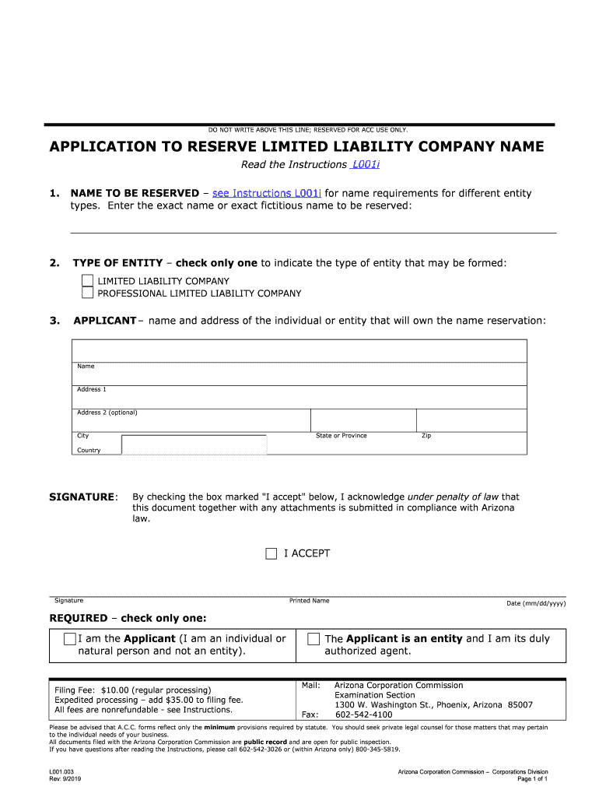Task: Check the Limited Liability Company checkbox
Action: tap(88, 281)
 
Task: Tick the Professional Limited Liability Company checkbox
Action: tap(88, 293)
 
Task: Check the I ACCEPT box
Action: tap(271, 554)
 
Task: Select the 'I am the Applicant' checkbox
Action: tap(70, 639)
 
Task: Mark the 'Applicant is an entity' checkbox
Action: tap(314, 639)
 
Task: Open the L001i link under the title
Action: tap(370, 165)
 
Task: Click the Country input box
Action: tap(194, 445)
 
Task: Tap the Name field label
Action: tap(86, 366)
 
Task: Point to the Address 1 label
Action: tap(92, 389)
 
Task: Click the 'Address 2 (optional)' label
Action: tap(107, 413)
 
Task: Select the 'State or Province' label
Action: tap(342, 436)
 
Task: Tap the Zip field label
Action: tap(426, 436)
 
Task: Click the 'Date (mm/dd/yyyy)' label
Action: tap(536, 603)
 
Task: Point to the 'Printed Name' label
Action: tap(310, 601)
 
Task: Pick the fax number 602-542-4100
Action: tap(364, 714)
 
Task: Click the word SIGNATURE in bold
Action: tap(82, 497)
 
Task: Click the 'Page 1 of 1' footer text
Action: tap(533, 778)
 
